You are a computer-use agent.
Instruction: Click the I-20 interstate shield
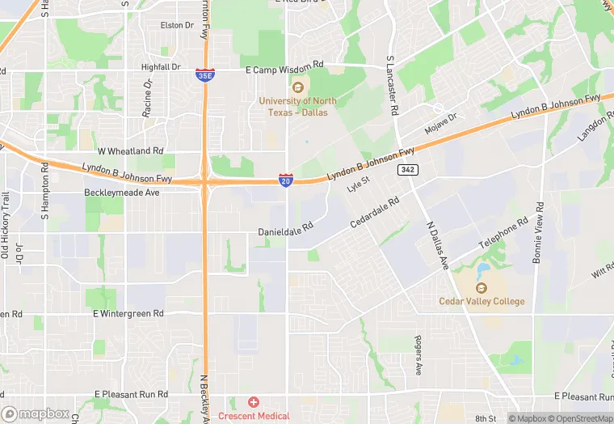[286, 180]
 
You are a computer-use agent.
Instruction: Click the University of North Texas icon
[298, 87]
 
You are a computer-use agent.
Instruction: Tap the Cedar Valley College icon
[482, 287]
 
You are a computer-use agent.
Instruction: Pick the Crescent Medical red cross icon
[254, 402]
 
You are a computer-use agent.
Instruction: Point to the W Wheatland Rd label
[130, 151]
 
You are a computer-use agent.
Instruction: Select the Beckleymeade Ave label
[122, 193]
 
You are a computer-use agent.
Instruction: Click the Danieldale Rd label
[285, 231]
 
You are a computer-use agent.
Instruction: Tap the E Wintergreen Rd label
[128, 313]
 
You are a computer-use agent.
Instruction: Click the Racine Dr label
[148, 99]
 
